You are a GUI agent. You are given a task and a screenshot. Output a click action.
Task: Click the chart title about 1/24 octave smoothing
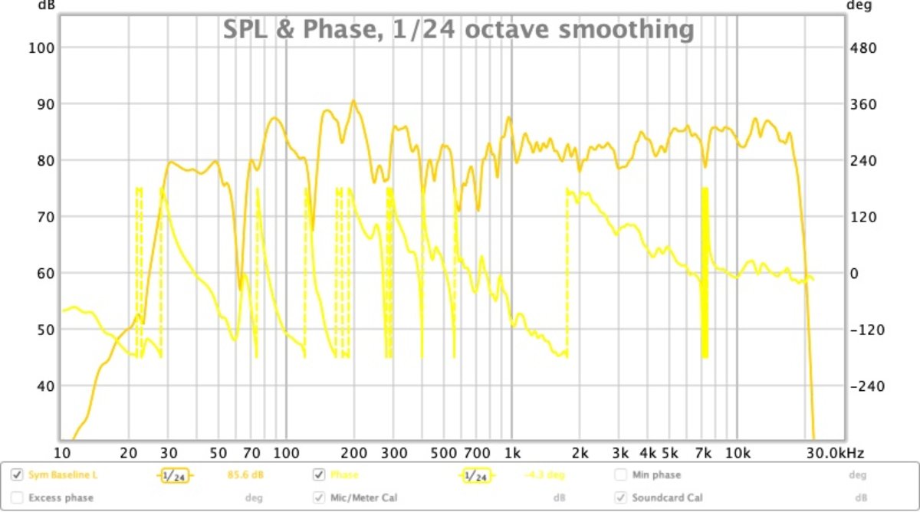[x=458, y=30]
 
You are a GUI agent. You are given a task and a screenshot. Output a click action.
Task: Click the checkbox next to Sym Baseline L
[x=17, y=475]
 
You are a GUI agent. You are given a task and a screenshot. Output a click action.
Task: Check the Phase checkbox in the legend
[x=319, y=475]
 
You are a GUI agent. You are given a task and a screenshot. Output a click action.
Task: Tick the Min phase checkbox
[x=620, y=475]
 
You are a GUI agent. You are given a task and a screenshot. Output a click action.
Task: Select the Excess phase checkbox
[x=17, y=498]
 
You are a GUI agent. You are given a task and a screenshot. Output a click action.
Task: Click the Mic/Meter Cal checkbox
[x=319, y=498]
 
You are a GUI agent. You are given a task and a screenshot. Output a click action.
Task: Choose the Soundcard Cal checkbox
[x=620, y=498]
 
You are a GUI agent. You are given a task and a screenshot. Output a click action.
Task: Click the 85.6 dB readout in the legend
[x=245, y=475]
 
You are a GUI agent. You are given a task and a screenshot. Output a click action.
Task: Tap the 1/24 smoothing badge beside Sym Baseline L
[x=175, y=476]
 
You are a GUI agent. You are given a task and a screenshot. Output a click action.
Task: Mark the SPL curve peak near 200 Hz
[x=353, y=100]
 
